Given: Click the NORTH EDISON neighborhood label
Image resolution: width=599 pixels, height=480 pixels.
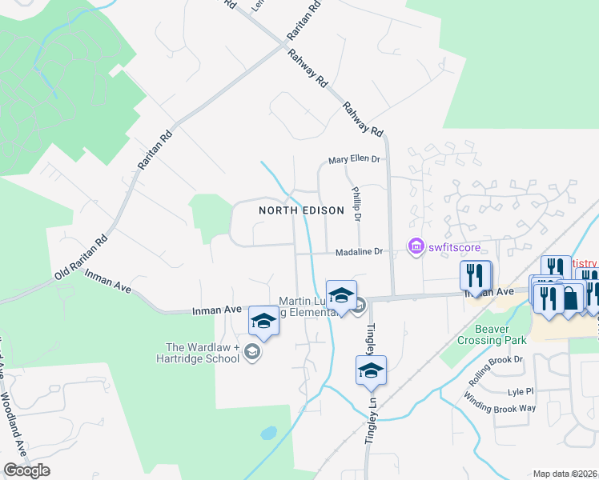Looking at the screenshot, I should tap(301, 210).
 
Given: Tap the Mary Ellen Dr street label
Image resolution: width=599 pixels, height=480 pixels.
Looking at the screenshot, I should tap(353, 159).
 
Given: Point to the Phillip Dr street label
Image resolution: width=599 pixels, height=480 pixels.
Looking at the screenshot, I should tap(357, 205).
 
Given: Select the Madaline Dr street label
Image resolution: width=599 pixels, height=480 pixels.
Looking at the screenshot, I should tap(360, 251).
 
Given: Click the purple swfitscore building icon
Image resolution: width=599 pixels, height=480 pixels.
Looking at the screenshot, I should tap(416, 247).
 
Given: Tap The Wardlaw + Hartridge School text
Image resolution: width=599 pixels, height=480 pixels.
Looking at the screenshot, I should tap(203, 353).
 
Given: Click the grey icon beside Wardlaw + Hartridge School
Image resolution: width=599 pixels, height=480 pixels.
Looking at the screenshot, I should tap(253, 353).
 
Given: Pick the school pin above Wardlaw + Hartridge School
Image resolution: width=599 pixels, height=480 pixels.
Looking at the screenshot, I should tap(263, 322).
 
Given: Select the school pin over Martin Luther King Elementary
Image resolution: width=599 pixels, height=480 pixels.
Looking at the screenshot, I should tap(341, 296).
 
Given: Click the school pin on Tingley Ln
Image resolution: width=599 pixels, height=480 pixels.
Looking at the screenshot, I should tap(371, 370).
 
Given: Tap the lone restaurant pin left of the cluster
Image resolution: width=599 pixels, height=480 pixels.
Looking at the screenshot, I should tap(476, 276).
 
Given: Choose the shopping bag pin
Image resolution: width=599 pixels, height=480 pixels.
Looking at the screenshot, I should tap(572, 298).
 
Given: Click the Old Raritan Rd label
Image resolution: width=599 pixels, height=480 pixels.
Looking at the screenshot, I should tap(80, 258).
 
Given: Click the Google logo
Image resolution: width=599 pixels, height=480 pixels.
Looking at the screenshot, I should tap(26, 470).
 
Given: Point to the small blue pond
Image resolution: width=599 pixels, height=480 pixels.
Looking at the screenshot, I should tap(268, 433).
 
